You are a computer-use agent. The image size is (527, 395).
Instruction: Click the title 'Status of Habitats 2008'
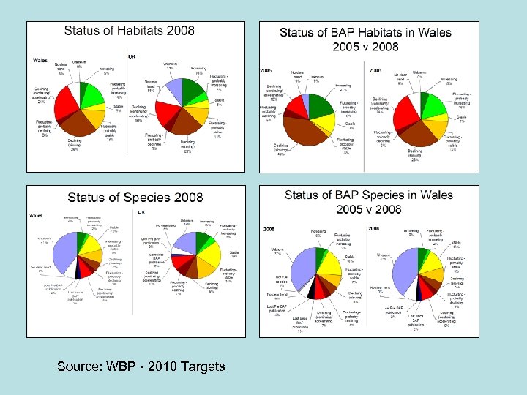pos(130,30)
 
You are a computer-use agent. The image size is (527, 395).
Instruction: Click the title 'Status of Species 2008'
pos(135,197)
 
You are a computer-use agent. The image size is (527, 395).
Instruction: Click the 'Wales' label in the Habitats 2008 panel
pos(41,59)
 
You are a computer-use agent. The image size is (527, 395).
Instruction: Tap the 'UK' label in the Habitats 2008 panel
pos(132,56)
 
